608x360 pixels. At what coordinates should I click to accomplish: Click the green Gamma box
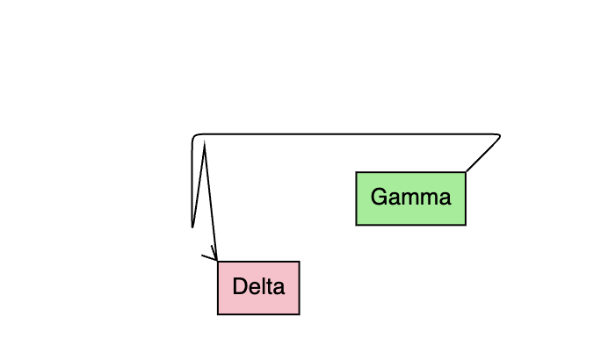(410, 198)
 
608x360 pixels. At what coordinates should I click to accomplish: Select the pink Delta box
(258, 287)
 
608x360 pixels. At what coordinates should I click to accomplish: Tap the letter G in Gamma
(378, 197)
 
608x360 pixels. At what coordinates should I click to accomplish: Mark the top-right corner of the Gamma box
(466, 172)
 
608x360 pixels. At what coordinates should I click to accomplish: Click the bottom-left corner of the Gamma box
(356, 225)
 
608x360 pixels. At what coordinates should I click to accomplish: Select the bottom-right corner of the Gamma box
(466, 225)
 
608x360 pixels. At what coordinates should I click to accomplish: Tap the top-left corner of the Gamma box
(356, 172)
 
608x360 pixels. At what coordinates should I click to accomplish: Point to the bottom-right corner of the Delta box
(300, 313)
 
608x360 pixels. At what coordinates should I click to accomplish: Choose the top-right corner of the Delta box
(300, 262)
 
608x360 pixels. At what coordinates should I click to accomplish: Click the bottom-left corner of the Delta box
(218, 313)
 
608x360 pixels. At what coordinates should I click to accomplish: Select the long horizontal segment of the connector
(351, 134)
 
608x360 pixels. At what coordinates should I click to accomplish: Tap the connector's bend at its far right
(500, 135)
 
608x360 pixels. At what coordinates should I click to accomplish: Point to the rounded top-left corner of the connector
(194, 137)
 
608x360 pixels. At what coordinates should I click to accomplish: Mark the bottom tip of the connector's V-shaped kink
(192, 227)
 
